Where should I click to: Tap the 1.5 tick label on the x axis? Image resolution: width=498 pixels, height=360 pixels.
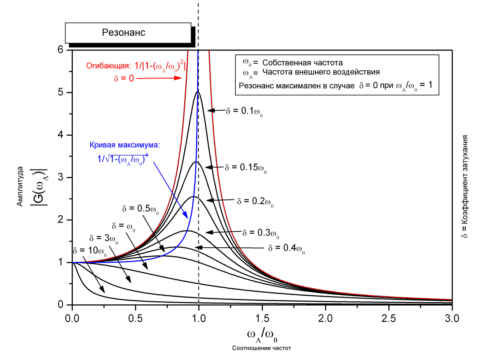point(262,318)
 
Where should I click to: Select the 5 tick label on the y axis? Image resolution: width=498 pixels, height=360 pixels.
point(60,93)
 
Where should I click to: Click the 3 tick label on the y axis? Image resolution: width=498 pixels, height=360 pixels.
point(60,178)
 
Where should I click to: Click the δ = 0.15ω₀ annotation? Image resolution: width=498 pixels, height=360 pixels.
point(246,168)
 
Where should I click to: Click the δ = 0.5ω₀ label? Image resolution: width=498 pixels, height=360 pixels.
point(140,208)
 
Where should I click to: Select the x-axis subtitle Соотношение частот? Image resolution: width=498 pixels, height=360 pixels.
point(261,348)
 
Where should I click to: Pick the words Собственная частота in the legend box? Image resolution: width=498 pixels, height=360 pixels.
point(302,62)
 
